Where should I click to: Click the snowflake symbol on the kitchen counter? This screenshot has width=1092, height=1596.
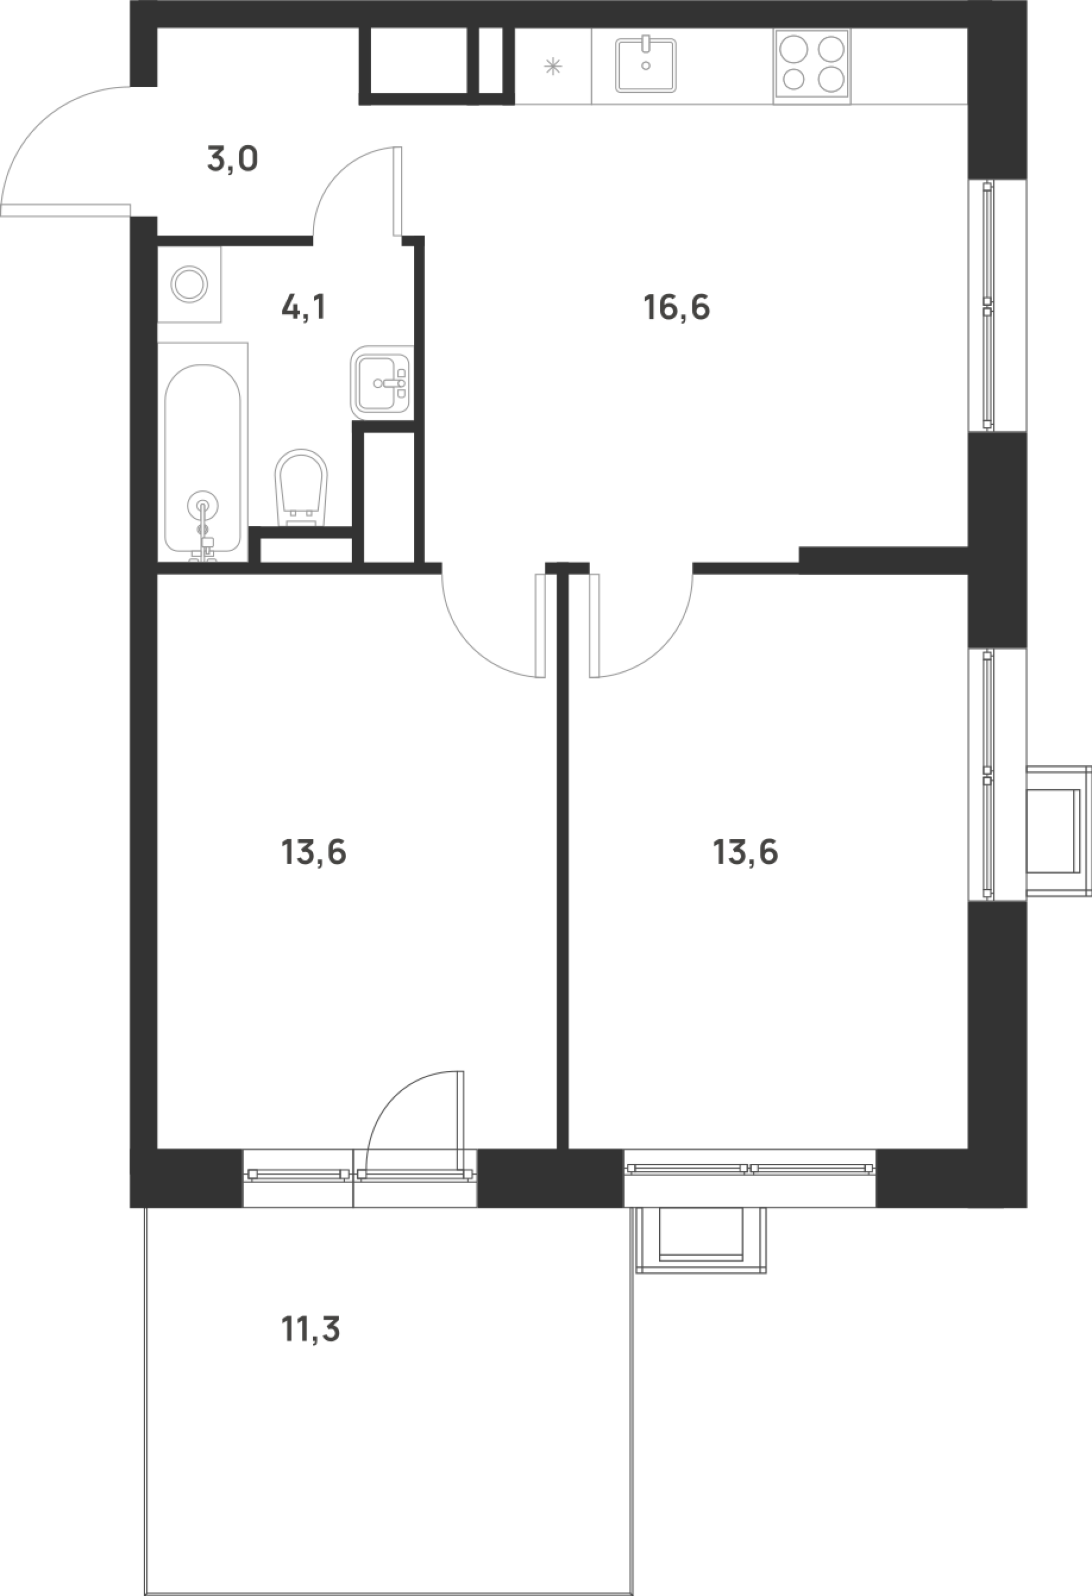point(553,67)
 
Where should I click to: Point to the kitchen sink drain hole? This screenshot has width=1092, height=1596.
point(645,66)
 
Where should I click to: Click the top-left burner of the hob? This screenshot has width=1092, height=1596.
point(794,50)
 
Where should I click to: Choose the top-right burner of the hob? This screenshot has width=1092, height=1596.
point(830,50)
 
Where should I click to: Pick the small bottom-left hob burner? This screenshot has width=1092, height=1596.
point(793,80)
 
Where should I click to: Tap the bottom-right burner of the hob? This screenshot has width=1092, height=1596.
point(830,79)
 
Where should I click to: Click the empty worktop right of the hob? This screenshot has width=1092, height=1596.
point(908,67)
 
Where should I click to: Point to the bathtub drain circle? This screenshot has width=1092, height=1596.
point(202,506)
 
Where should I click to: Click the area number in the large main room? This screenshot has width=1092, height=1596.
point(675,312)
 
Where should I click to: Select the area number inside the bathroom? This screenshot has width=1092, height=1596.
point(301,313)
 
